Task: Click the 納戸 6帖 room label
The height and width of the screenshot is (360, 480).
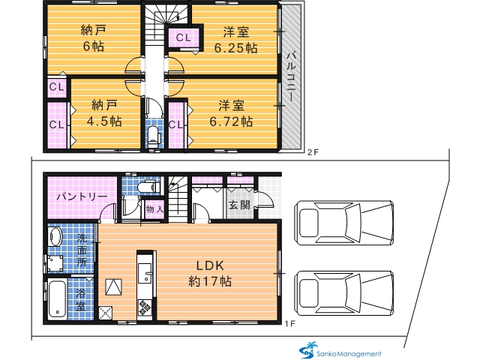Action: click(x=93, y=38)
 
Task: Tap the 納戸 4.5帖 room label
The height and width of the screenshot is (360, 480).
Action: click(x=104, y=113)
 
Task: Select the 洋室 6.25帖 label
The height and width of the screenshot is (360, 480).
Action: click(x=235, y=40)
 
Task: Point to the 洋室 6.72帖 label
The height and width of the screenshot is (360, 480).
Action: click(x=231, y=113)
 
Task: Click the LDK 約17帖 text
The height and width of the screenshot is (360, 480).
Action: click(x=210, y=273)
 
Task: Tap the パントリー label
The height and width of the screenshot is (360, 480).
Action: click(x=82, y=196)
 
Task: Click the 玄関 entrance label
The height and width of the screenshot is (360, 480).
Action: click(x=240, y=205)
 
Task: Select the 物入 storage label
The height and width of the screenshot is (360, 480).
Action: click(x=154, y=210)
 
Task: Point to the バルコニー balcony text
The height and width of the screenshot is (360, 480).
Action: click(x=290, y=76)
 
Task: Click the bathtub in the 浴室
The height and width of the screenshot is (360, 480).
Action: click(x=57, y=299)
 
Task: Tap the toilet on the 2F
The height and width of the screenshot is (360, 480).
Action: click(x=152, y=136)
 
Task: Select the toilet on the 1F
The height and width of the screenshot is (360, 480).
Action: click(x=147, y=187)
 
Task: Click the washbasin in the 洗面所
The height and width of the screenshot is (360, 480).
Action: click(x=56, y=236)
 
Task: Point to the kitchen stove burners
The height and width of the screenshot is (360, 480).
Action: click(x=145, y=308)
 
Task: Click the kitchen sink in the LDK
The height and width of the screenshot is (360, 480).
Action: click(x=145, y=273)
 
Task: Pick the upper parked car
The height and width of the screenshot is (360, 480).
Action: click(x=343, y=223)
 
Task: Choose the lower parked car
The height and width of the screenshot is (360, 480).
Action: click(x=343, y=293)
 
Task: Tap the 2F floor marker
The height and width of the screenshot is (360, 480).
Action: click(x=313, y=152)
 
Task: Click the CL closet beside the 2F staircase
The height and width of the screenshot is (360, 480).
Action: click(x=183, y=37)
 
